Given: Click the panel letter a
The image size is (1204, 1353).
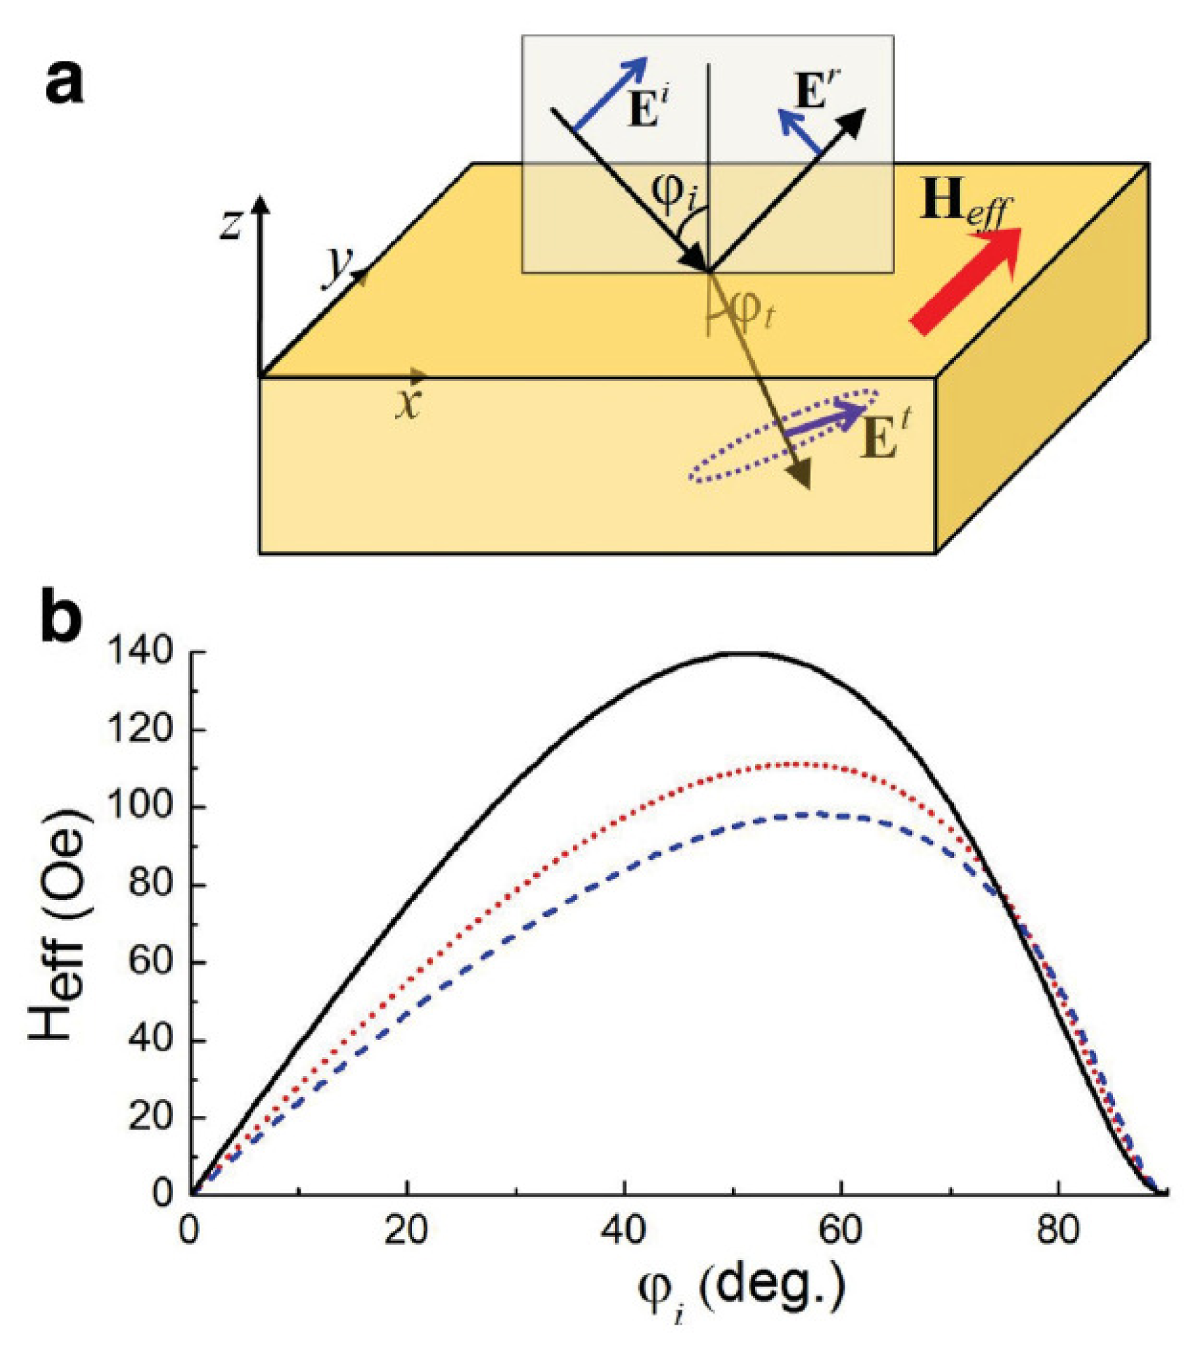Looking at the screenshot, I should point(65,85).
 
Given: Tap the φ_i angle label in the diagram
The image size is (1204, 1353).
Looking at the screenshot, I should point(675,192).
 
